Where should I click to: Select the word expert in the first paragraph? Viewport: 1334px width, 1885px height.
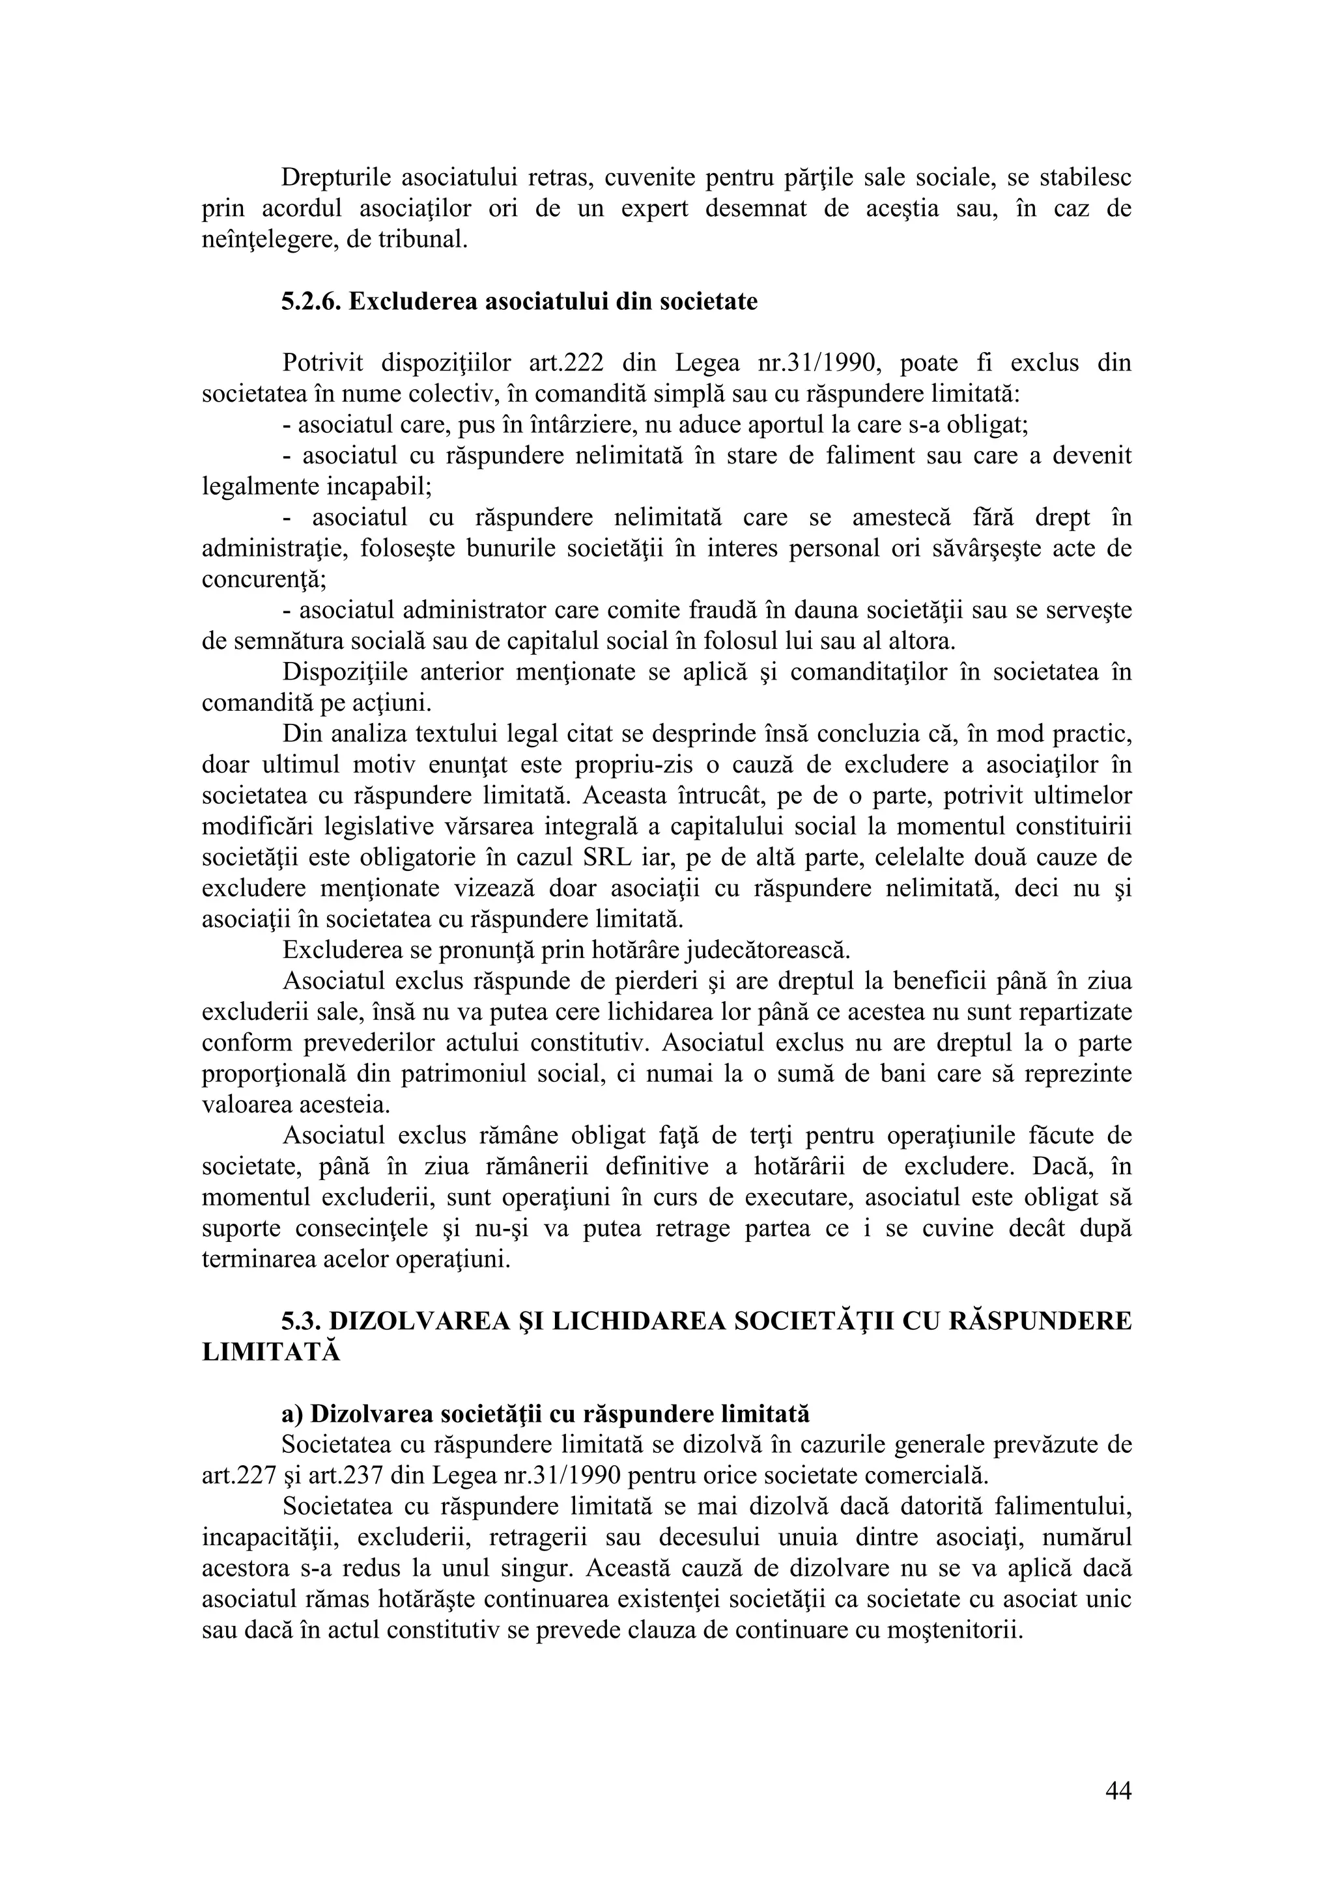tap(654, 208)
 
